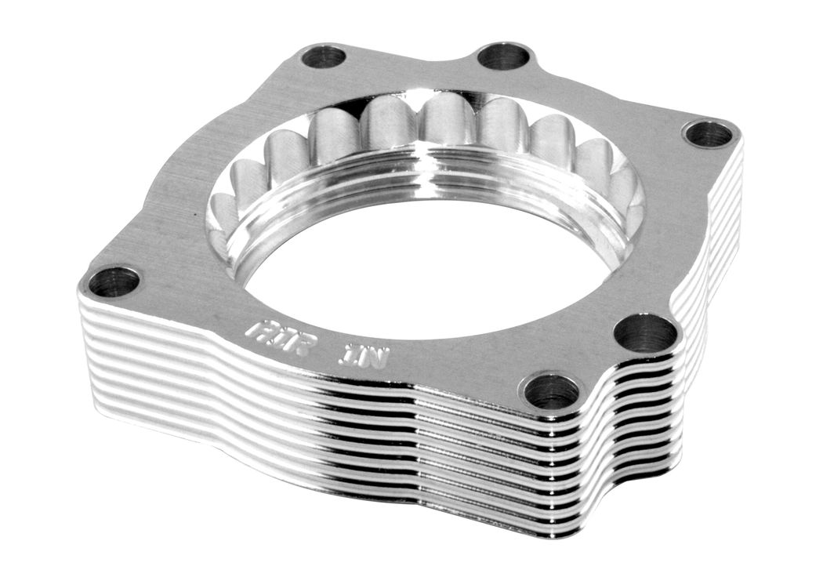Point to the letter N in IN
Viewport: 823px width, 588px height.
coord(373,358)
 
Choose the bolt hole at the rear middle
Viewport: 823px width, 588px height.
coord(503,56)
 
